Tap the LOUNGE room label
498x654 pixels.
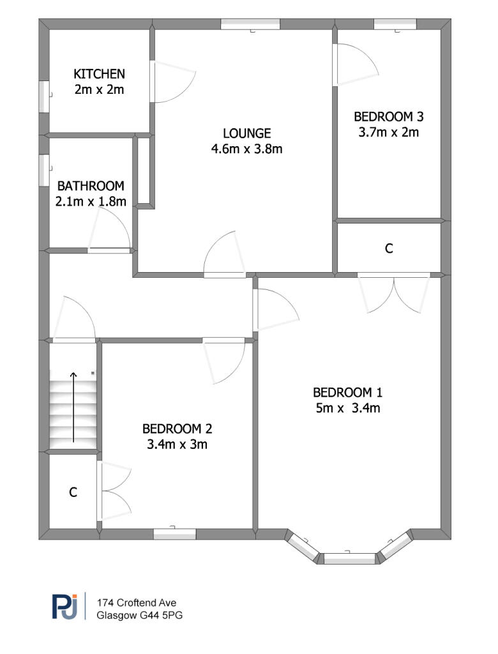coord(247,133)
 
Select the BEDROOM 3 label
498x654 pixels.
coord(388,117)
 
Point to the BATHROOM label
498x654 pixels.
coord(90,186)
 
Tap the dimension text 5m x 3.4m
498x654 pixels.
coord(347,408)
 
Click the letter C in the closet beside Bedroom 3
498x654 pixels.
coord(389,249)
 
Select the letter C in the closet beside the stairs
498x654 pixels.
coord(73,492)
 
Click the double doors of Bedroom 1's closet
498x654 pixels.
coord(394,293)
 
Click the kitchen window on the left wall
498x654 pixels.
coord(45,97)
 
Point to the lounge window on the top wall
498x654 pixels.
coord(250,24)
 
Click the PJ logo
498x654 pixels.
coord(65,606)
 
